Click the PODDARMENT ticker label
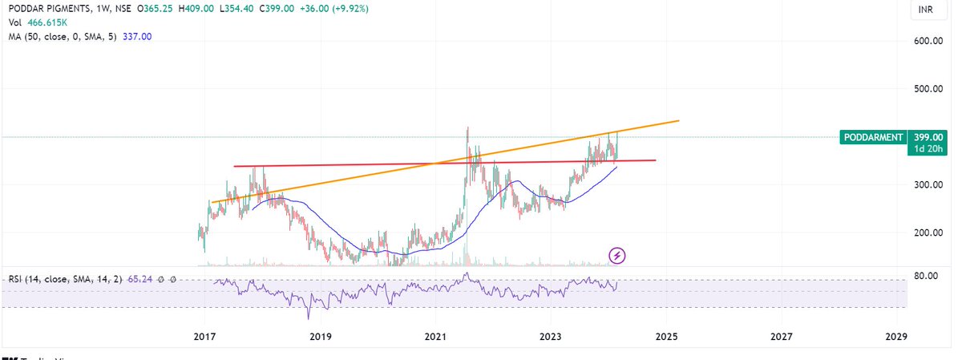click(x=873, y=137)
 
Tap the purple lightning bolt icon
click(x=617, y=256)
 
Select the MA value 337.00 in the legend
click(x=136, y=37)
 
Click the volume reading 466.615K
click(x=47, y=24)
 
